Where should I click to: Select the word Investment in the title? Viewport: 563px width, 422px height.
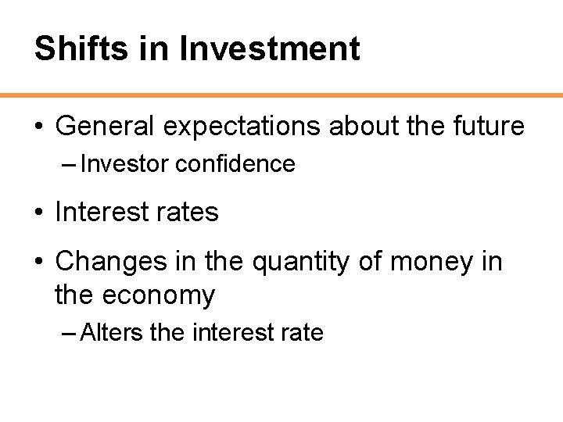pyautogui.click(x=270, y=48)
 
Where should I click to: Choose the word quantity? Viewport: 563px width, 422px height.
pyautogui.click(x=301, y=262)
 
